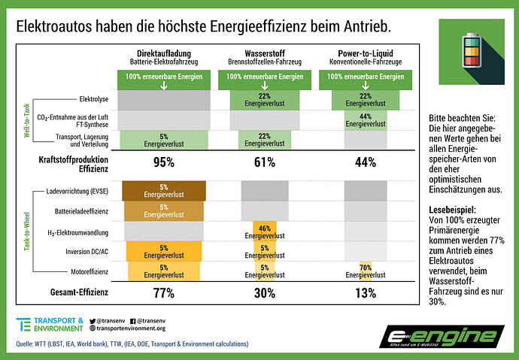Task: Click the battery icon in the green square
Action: point(472,50)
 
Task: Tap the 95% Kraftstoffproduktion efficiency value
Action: point(164,162)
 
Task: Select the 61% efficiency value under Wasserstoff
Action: point(265,162)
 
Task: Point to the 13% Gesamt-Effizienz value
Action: point(366,293)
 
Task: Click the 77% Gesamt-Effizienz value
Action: point(164,293)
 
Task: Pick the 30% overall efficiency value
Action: point(265,293)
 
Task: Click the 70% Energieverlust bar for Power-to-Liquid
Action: point(366,271)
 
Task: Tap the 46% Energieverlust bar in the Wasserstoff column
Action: point(265,231)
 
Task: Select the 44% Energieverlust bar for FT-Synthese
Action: point(366,120)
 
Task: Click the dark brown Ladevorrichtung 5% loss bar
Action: point(164,191)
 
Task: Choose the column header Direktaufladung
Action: point(164,53)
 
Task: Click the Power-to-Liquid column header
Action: point(366,53)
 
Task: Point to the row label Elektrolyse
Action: point(94,99)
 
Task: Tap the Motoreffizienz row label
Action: point(90,272)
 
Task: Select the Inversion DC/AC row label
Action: point(86,252)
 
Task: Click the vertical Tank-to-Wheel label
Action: point(27,231)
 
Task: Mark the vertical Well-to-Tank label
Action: point(27,120)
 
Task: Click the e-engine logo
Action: point(442,337)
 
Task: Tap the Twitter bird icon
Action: point(93,321)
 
